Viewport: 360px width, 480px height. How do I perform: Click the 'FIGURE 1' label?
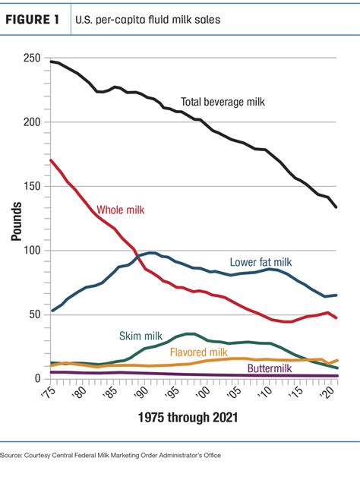36,21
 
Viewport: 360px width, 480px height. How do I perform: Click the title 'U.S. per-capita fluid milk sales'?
148,21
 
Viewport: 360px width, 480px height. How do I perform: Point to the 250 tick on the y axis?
31,58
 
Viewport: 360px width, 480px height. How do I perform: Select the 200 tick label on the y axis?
31,122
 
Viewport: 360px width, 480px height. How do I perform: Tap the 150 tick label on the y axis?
31,186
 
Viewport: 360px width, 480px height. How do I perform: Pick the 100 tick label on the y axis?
31,251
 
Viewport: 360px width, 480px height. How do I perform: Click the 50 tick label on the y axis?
34,314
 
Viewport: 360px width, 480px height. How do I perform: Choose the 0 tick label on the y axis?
36,378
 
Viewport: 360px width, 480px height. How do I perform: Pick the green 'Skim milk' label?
141,336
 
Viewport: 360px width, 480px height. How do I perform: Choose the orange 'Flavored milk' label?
200,352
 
